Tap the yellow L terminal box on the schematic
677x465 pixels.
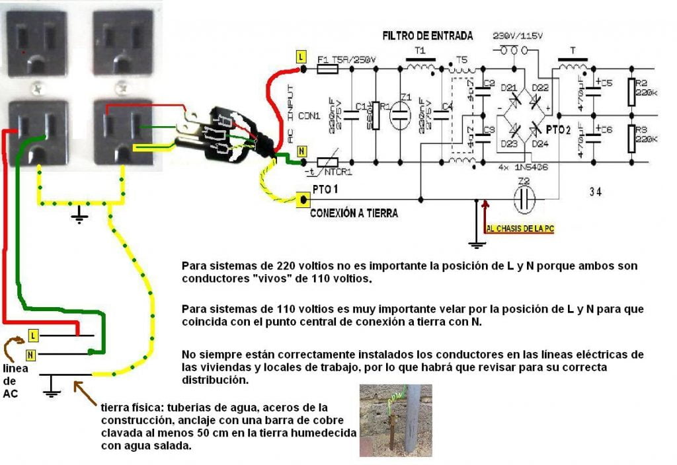[x=301, y=57]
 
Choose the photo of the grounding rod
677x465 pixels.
[x=395, y=420]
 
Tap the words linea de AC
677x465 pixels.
[x=15, y=380]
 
